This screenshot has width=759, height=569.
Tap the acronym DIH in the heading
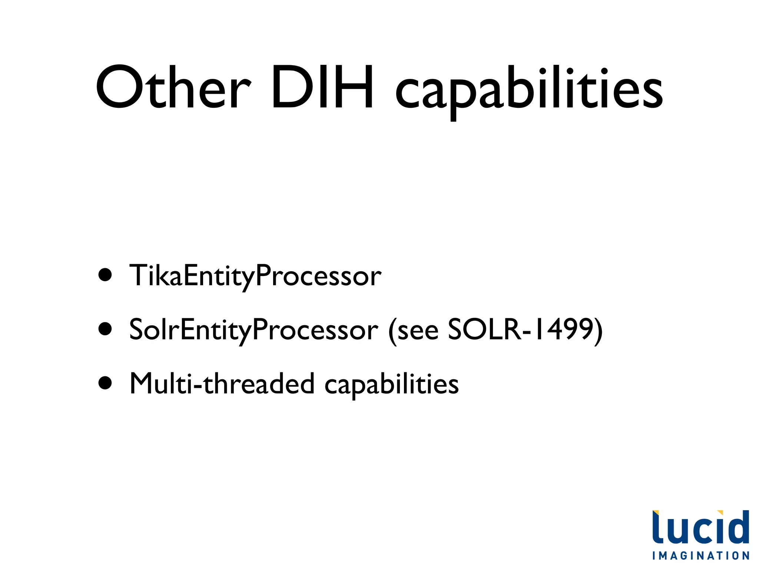point(322,87)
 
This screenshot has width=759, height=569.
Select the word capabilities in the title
point(529,91)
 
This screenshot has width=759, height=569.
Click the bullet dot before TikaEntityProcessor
point(105,275)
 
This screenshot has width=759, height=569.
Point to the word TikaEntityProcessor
point(255,276)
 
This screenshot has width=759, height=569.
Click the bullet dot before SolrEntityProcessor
point(105,329)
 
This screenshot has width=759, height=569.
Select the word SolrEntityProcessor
point(253,330)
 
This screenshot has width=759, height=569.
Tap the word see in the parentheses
point(418,330)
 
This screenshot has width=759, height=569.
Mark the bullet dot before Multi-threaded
point(105,383)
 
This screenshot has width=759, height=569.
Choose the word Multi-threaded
point(222,384)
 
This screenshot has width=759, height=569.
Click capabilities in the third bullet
point(392,385)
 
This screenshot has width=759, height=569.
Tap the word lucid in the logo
point(700,528)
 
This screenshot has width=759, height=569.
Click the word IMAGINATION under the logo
point(701,556)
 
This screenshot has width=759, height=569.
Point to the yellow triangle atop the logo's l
point(655,512)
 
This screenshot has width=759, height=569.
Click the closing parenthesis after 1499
point(598,330)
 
